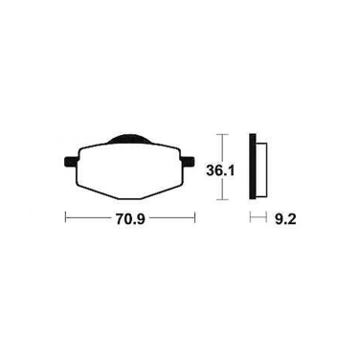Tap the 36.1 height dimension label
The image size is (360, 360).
220,170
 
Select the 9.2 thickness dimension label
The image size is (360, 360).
285,219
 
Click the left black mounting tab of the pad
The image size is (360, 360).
72,161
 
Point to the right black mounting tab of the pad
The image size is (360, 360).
187,161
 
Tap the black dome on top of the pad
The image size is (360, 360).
129,138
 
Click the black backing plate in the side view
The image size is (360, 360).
253,167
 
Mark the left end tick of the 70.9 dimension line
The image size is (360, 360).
65,218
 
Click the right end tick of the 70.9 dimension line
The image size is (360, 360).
194,218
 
